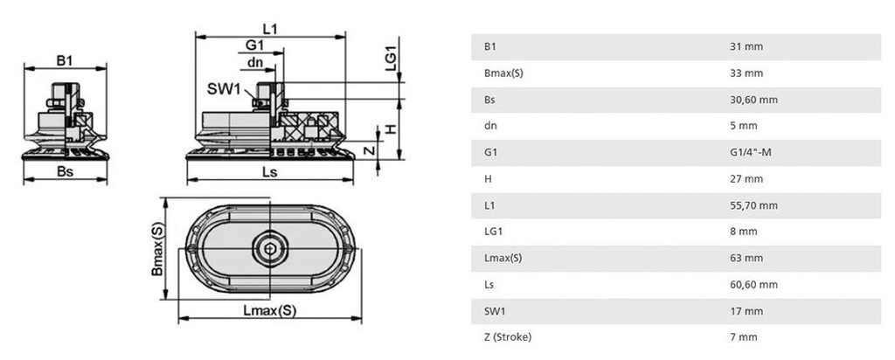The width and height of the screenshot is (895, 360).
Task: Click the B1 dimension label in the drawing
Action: coord(64,60)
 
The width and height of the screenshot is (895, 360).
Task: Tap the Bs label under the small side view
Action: coord(64,172)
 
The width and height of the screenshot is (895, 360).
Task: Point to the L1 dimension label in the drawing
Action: coord(269,28)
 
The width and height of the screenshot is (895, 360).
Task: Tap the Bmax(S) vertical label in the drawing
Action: coord(157,249)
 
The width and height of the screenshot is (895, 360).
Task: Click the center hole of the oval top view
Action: coord(269,252)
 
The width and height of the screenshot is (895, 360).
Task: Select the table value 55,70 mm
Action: coord(753,205)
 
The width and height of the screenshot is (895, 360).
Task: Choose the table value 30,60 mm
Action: coord(753,100)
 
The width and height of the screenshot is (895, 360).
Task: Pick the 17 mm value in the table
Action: coord(746,311)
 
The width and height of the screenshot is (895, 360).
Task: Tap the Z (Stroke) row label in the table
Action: coord(507,337)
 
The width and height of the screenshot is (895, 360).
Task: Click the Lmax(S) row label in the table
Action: coord(503,258)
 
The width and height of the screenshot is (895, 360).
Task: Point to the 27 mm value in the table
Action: coord(746,179)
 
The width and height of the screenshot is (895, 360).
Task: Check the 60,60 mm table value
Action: coord(753,285)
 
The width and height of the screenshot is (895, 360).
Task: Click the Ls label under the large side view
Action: coord(269,172)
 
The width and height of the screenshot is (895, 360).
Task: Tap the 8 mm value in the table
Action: coord(743,232)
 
